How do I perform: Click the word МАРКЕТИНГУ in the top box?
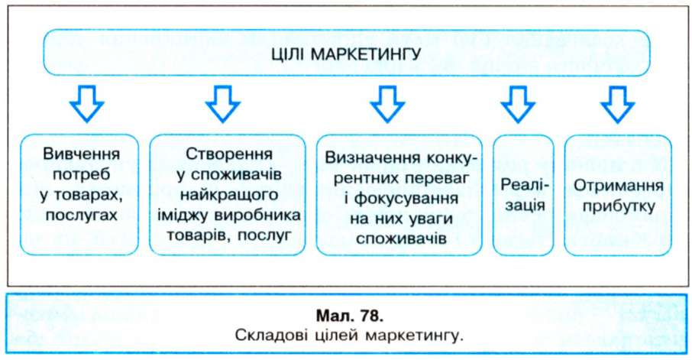click(x=366, y=55)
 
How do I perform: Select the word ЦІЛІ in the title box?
click(x=288, y=54)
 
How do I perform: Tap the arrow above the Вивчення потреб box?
click(x=86, y=104)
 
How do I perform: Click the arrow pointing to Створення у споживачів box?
click(x=223, y=104)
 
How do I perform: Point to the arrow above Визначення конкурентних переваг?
click(x=387, y=104)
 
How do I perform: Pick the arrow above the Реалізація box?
click(x=518, y=104)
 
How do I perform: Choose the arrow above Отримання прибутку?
click(x=617, y=104)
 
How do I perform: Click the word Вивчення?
click(x=81, y=154)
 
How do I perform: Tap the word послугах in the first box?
click(x=81, y=215)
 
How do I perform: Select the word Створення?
click(x=229, y=154)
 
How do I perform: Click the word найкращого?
click(x=229, y=195)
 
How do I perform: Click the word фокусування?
click(x=406, y=198)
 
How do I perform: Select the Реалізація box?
click(x=523, y=195)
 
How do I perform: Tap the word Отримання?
click(x=619, y=186)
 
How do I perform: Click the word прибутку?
click(x=619, y=206)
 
